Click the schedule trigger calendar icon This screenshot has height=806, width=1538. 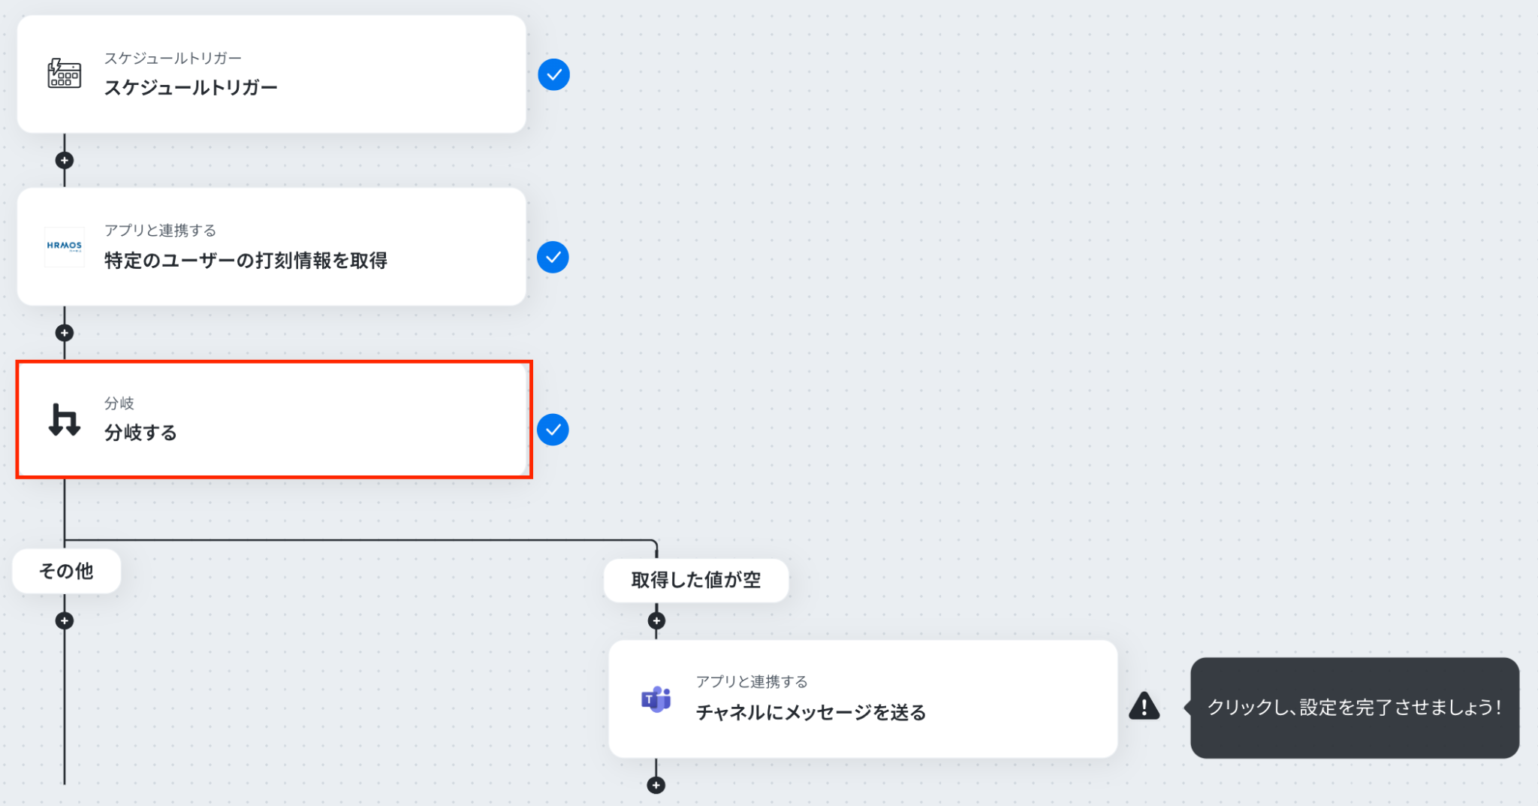[x=65, y=74]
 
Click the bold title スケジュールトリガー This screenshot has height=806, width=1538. [x=191, y=88]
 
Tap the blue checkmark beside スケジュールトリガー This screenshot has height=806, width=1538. [x=553, y=74]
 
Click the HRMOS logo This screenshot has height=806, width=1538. [x=65, y=246]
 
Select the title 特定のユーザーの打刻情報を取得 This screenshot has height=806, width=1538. [x=246, y=261]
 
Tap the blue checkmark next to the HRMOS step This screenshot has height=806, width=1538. [x=553, y=258]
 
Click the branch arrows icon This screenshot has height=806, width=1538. [x=65, y=419]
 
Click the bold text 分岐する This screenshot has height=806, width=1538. [x=140, y=433]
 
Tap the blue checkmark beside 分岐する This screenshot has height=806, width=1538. [x=553, y=430]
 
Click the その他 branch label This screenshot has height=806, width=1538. [x=66, y=572]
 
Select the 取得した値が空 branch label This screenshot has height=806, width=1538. [x=696, y=580]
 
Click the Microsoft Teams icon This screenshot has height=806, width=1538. [x=656, y=699]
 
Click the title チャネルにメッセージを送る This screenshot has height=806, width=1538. [x=811, y=712]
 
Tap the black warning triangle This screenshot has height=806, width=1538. [x=1144, y=706]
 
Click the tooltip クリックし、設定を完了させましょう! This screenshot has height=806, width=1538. [x=1354, y=708]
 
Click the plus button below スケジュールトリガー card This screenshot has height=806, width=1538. [x=65, y=161]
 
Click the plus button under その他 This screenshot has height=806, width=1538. [x=65, y=621]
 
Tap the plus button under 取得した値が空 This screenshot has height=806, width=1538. [x=656, y=621]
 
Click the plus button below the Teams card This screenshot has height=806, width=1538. [x=656, y=786]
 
